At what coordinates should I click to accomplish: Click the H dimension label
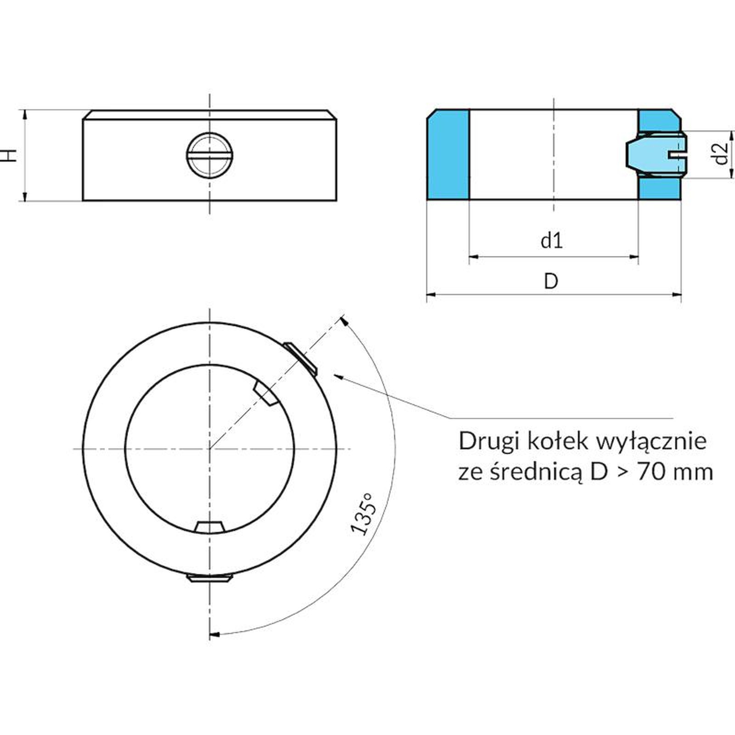point(10,155)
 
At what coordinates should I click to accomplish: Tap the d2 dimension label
point(722,153)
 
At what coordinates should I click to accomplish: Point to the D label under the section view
point(551,281)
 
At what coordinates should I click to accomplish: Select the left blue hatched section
point(448,155)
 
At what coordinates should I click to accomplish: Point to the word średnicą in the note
point(537,473)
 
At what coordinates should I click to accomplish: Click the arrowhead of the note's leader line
point(339,377)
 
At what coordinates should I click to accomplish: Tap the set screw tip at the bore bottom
point(209,526)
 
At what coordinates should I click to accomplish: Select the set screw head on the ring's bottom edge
point(209,577)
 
